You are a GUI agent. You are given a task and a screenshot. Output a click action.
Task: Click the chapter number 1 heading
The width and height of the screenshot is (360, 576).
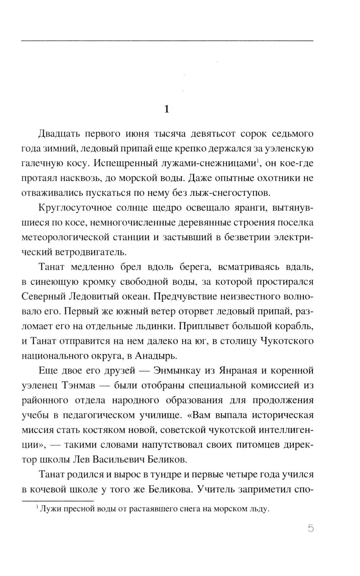[x=166, y=109]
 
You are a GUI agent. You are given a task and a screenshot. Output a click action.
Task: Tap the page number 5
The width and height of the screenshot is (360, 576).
[x=311, y=529]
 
